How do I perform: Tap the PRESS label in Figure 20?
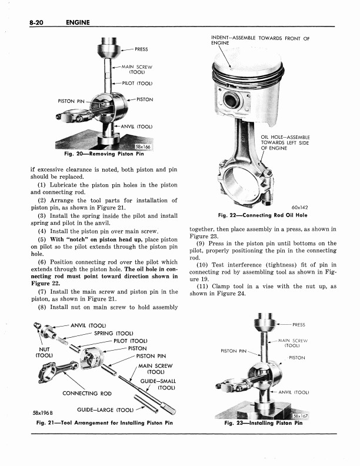pyautogui.click(x=141, y=49)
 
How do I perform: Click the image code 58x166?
pyautogui.click(x=143, y=147)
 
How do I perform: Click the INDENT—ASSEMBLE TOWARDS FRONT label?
pyautogui.click(x=259, y=40)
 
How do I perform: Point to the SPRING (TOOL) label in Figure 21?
pyautogui.click(x=115, y=334)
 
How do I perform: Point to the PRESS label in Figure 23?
pyautogui.click(x=299, y=324)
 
